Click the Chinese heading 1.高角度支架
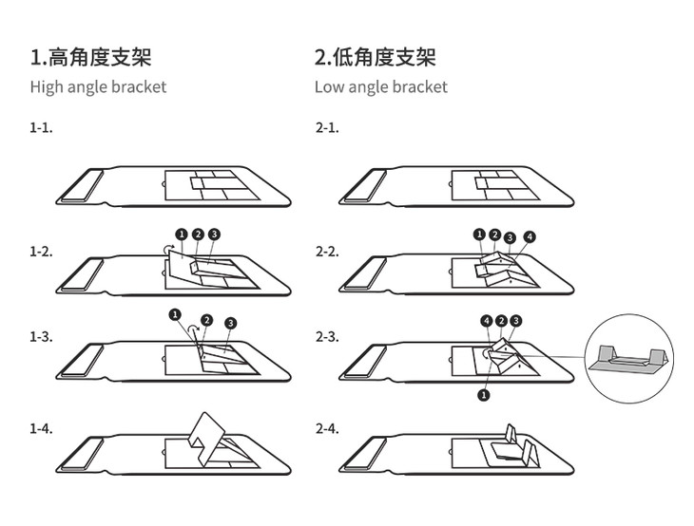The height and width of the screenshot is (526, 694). tap(90, 57)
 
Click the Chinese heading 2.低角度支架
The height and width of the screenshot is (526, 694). tap(376, 57)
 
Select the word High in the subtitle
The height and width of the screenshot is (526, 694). tap(47, 87)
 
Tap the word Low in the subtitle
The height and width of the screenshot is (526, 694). tap(329, 86)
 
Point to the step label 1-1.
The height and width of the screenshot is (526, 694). tap(41, 128)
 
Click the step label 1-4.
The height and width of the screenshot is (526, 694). tap(41, 428)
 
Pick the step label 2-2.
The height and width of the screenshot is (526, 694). tap(327, 252)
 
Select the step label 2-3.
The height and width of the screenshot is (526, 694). tap(327, 337)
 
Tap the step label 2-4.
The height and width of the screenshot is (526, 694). tap(327, 428)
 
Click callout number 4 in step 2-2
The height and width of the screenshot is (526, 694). tap(530, 237)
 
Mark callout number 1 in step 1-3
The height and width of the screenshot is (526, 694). tap(175, 314)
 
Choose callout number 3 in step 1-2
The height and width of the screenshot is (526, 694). tap(214, 234)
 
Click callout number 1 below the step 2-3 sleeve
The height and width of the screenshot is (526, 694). tap(484, 395)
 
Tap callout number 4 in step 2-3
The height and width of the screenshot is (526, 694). tap(487, 321)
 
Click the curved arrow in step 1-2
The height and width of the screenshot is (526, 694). tap(168, 249)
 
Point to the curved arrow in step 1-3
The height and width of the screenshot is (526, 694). tap(193, 328)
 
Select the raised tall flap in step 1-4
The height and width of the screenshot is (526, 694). tap(204, 440)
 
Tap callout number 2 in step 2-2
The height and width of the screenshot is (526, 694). tap(494, 235)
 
